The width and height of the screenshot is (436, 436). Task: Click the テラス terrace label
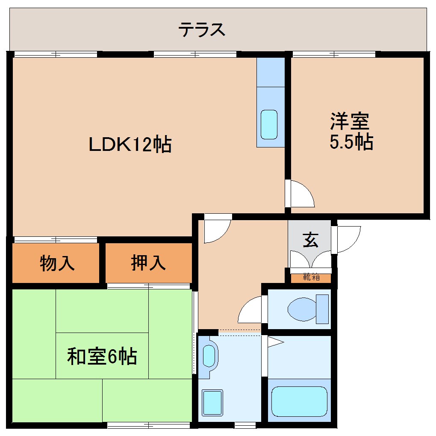coord(201,30)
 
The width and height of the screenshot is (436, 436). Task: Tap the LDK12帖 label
coord(130,144)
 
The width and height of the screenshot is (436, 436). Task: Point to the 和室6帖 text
coord(102,356)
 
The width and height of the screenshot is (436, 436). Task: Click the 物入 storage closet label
coord(57,263)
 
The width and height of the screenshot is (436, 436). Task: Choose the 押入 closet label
coord(148,263)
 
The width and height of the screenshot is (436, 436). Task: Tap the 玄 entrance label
coord(311,241)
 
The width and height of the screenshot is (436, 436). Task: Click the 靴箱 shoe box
coord(311,277)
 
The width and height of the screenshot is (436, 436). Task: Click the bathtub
coord(299,401)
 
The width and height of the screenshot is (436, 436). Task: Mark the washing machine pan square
coord(212,402)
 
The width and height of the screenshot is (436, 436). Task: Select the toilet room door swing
coord(251,310)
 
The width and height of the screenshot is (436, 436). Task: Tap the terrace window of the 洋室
coord(334,54)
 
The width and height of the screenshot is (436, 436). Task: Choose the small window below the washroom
coord(245,425)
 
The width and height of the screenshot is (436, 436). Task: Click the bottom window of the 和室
coord(148,425)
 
